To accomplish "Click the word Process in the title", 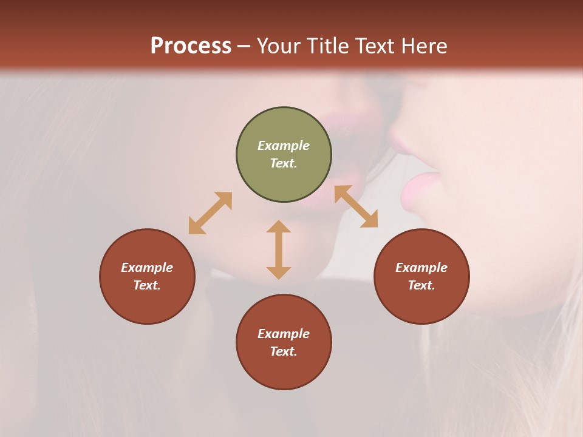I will coord(191,46).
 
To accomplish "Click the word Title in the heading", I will coord(329,46).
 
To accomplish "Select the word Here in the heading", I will coord(424,46).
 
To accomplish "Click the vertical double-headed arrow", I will coord(279,249).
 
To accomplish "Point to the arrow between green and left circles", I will coord(210,213).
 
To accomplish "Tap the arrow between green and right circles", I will coord(356,206).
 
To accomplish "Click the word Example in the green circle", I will coord(284,146).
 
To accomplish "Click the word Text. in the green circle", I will coord(284,163).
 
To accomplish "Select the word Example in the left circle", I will coord(147,268).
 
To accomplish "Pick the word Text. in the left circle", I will coord(147,285).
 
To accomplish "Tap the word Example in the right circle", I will coord(421,268).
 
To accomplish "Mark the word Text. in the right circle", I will coord(421,285).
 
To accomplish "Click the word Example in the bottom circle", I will coord(284,334).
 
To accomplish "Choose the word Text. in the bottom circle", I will coord(284,351).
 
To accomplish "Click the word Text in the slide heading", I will coord(377,46).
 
